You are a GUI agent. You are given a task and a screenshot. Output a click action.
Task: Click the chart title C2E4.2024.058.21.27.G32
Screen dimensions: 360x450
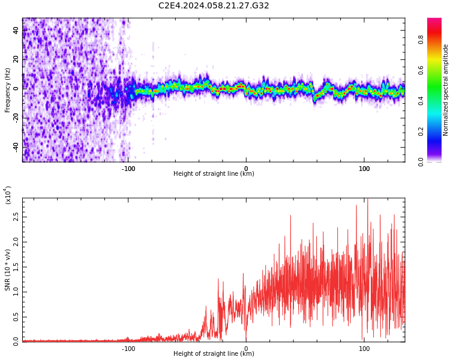click(x=214, y=6)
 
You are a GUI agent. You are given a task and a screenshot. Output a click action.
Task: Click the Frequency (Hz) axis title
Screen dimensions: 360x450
click(x=8, y=90)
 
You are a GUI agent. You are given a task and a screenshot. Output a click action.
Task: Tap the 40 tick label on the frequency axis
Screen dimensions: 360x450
click(x=16, y=30)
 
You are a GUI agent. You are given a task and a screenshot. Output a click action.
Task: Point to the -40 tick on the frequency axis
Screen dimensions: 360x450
click(x=16, y=146)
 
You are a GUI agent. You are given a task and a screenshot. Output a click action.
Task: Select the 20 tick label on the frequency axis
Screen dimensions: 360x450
click(x=16, y=59)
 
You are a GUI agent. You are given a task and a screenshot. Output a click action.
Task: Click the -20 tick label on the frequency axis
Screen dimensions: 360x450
click(x=16, y=118)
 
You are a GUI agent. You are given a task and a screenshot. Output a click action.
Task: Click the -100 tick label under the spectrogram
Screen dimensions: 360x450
click(x=128, y=169)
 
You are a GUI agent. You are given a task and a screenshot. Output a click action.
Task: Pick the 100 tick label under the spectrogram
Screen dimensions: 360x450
click(x=364, y=169)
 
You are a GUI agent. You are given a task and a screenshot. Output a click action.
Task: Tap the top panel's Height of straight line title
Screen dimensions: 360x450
click(x=214, y=174)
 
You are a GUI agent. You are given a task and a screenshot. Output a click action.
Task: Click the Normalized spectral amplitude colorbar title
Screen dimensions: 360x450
click(x=446, y=90)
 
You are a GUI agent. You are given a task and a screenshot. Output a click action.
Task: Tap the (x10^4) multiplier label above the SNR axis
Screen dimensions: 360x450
click(x=8, y=195)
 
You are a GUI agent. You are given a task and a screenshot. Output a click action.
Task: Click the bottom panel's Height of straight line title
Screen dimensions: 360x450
click(x=214, y=354)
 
